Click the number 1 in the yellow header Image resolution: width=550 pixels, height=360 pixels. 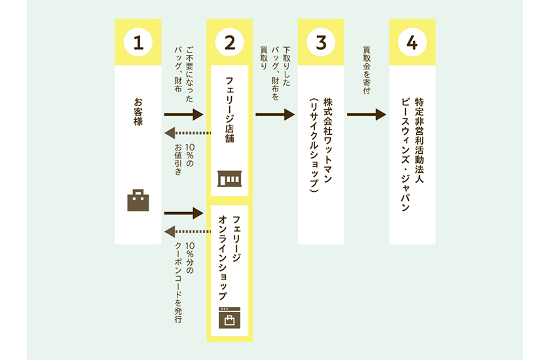click(x=137, y=43)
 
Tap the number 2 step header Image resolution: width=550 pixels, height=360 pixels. click(x=229, y=43)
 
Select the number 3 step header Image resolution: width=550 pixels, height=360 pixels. click(x=321, y=43)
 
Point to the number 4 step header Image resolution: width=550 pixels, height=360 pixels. click(x=412, y=43)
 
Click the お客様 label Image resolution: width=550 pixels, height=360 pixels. click(x=138, y=112)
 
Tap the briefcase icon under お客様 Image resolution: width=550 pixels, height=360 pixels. click(x=137, y=200)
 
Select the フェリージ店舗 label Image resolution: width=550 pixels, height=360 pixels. click(x=229, y=112)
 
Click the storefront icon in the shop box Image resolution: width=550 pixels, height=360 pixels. click(x=229, y=179)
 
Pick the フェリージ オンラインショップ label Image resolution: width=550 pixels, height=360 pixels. click(x=230, y=255)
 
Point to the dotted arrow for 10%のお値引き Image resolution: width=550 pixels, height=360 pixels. click(x=187, y=134)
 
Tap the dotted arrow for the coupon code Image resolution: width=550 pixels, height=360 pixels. click(x=187, y=231)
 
